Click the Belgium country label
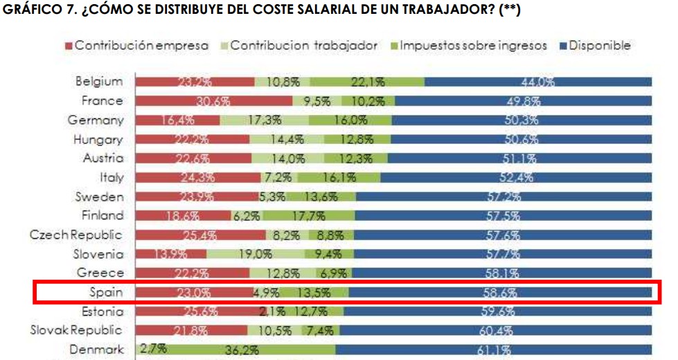(99, 81)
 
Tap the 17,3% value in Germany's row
(263, 120)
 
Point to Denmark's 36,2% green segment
(242, 350)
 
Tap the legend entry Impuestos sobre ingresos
(471, 46)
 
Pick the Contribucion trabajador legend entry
(303, 46)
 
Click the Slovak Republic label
(76, 330)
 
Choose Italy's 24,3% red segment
(197, 177)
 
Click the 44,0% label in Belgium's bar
(537, 82)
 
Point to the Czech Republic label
(76, 235)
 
